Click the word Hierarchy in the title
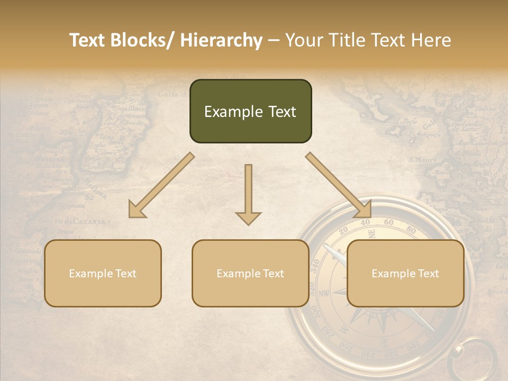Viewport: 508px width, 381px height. pyautogui.click(x=221, y=41)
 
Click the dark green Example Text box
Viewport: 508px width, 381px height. pyautogui.click(x=250, y=112)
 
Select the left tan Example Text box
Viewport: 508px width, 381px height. pyautogui.click(x=103, y=274)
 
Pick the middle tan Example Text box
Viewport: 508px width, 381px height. pyautogui.click(x=250, y=274)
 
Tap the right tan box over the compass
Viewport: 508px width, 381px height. pyautogui.click(x=405, y=274)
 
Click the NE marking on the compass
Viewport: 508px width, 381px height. pyautogui.click(x=371, y=233)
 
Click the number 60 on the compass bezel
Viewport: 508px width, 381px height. pyautogui.click(x=389, y=222)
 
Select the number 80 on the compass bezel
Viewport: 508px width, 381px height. pyautogui.click(x=411, y=229)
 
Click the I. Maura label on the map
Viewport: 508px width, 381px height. pyautogui.click(x=422, y=159)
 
